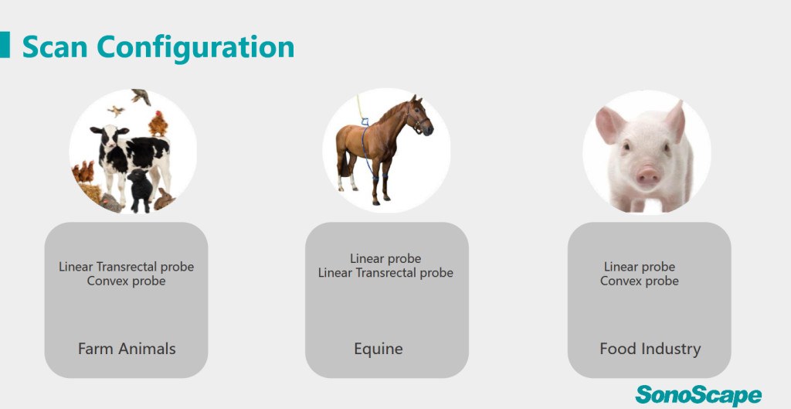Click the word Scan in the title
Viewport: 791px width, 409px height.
tap(56, 47)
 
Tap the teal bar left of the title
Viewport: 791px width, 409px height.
tap(5, 44)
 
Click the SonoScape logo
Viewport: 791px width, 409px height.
tap(698, 395)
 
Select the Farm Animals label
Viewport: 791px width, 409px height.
tap(127, 349)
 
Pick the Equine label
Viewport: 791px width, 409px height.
tap(379, 349)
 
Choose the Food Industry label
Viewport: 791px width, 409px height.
tap(650, 349)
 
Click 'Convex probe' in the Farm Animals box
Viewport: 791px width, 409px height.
tap(126, 281)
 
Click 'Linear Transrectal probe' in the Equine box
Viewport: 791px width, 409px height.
tap(385, 273)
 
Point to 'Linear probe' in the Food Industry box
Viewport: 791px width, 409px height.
tap(639, 267)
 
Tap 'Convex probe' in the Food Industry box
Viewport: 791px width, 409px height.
tap(639, 281)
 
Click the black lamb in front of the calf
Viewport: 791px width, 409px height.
tap(140, 190)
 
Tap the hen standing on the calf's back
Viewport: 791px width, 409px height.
tap(158, 124)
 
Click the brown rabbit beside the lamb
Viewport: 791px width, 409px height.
tap(164, 199)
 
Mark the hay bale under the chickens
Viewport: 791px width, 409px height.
tap(91, 193)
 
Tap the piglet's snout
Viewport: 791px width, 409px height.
tap(648, 176)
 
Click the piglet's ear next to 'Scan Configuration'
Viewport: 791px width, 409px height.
tap(609, 124)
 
